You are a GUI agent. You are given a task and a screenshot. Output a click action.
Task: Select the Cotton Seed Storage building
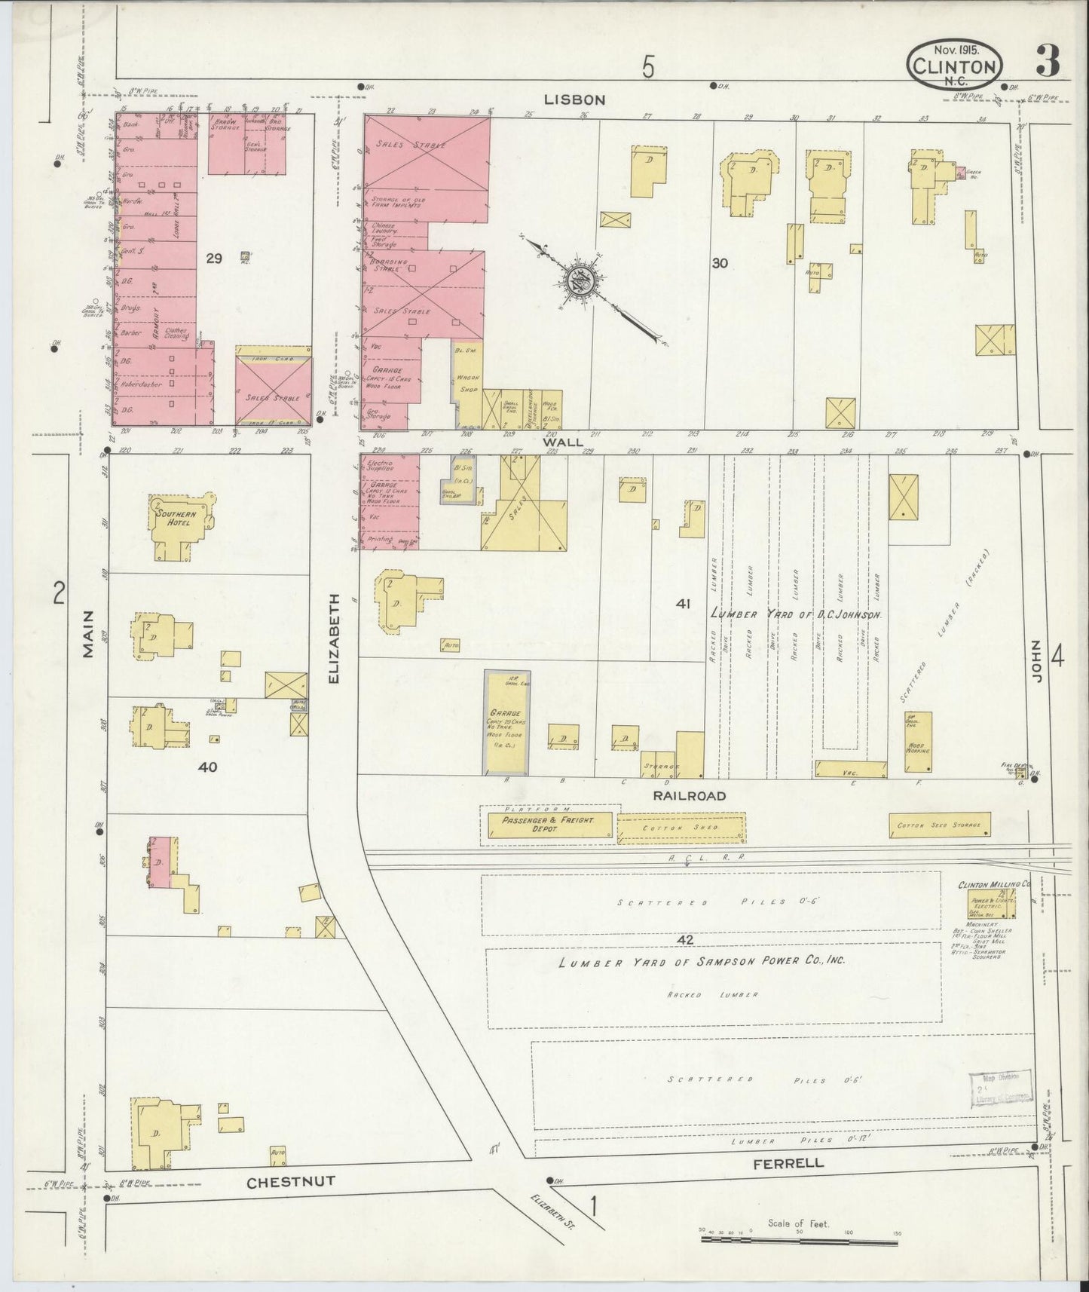(x=939, y=825)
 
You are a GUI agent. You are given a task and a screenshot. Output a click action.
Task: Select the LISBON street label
(x=576, y=100)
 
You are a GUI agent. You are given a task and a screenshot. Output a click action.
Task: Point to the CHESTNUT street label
(x=291, y=1183)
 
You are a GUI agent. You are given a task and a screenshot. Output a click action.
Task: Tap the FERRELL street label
(x=788, y=1163)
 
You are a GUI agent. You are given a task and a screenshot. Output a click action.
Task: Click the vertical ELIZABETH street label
(x=335, y=638)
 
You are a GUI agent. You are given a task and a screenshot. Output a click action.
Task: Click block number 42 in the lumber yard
(x=684, y=940)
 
